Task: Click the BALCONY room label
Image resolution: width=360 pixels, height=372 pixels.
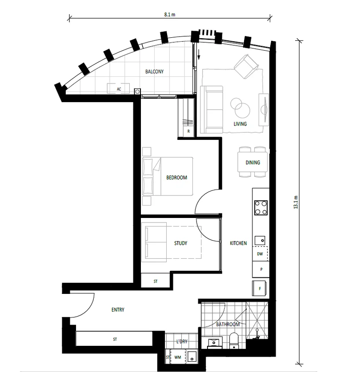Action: pyautogui.click(x=155, y=71)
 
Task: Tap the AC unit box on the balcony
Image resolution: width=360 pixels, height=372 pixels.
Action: pyautogui.click(x=119, y=89)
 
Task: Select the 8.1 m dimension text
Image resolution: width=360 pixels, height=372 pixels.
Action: pyautogui.click(x=169, y=14)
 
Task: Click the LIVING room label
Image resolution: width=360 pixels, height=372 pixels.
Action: pyautogui.click(x=240, y=124)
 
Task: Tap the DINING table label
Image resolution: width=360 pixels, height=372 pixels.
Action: pyautogui.click(x=252, y=162)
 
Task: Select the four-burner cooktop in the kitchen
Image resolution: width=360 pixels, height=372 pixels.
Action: pyautogui.click(x=260, y=208)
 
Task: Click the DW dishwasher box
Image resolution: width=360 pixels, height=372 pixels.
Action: pyautogui.click(x=260, y=254)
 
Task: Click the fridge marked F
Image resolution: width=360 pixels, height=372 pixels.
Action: pyautogui.click(x=260, y=288)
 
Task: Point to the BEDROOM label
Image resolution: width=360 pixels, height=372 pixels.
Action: pyautogui.click(x=176, y=178)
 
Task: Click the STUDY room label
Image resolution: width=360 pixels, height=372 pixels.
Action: pyautogui.click(x=180, y=243)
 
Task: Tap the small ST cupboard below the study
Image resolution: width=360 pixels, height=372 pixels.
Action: pyautogui.click(x=155, y=281)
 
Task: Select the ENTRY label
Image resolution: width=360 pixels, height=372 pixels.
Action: pyautogui.click(x=118, y=310)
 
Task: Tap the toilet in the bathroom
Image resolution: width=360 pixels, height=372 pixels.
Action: pyautogui.click(x=234, y=340)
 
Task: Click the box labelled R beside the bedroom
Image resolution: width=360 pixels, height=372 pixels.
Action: pyautogui.click(x=188, y=131)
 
